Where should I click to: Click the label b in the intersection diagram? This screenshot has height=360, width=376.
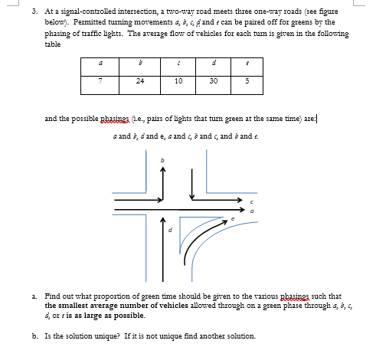coord(162,159)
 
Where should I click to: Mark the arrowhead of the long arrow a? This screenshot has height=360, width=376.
coord(247,208)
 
